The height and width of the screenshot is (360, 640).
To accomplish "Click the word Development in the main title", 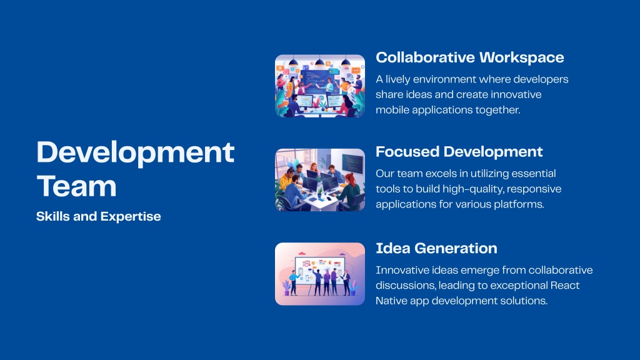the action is (x=136, y=153).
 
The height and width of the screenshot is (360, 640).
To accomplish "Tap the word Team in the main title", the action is (x=77, y=186).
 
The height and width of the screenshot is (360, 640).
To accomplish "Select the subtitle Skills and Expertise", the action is (x=98, y=216).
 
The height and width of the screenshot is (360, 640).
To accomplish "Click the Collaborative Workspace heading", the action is (x=470, y=57).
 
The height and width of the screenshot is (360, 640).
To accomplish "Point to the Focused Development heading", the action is (x=459, y=152).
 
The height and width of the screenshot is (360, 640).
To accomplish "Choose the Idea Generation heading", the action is (x=436, y=248).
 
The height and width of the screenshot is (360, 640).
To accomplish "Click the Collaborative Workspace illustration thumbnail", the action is (x=320, y=86).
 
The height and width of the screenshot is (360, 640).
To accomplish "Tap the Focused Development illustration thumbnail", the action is (x=320, y=180).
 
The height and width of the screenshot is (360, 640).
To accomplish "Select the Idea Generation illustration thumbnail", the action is (x=320, y=274).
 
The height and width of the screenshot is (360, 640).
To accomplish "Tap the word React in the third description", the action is (x=565, y=285).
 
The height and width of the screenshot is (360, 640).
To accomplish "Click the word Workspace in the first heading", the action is (x=522, y=58).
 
